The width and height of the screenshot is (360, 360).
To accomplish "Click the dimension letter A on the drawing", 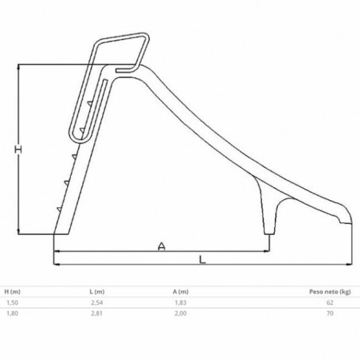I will point(162,247).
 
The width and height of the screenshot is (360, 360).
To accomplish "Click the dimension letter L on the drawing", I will point(202,260).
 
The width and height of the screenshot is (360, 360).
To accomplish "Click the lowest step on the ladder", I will point(60,209).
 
